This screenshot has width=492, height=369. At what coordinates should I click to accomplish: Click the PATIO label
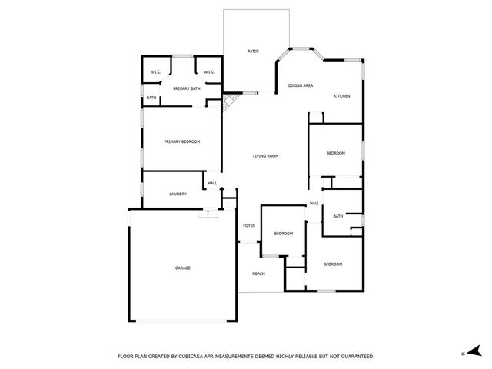coord(253,52)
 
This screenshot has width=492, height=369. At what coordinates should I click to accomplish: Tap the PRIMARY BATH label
coord(186,88)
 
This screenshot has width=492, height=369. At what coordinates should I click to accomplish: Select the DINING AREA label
coord(300,85)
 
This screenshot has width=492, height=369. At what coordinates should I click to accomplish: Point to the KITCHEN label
coord(341,96)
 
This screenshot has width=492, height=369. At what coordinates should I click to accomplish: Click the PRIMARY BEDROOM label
coord(182,141)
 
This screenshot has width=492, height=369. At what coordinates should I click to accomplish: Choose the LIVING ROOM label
coord(265,156)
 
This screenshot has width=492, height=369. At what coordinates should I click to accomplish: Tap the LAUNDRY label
coord(178,194)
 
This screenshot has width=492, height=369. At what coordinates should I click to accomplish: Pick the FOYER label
coord(249,225)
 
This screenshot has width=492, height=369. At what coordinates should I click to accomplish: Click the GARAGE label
coord(182,268)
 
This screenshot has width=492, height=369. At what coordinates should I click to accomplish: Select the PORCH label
coord(258,274)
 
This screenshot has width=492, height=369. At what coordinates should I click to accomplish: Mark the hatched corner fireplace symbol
coord(228,102)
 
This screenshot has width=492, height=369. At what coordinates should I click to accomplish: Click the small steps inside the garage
coord(204,214)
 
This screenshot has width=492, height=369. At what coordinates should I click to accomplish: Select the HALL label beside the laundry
coord(212,183)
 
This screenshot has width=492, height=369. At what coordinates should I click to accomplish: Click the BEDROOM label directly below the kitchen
coord(336,153)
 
